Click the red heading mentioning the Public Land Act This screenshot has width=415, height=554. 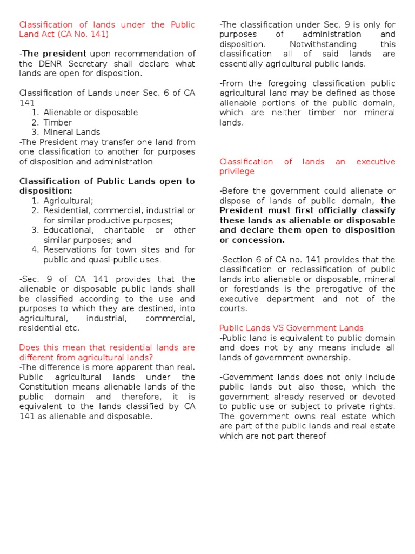(x=107, y=29)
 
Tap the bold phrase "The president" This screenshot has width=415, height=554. (x=54, y=54)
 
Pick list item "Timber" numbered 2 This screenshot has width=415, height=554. (x=57, y=122)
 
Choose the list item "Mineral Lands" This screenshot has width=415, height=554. (x=71, y=132)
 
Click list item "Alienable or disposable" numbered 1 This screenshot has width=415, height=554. (x=90, y=113)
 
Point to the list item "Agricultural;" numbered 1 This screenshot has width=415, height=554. (x=68, y=200)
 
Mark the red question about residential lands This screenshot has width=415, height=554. (x=107, y=352)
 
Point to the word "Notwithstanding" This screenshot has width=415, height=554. (x=323, y=44)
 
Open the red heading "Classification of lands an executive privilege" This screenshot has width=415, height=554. (x=307, y=166)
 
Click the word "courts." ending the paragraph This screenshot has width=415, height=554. (x=233, y=308)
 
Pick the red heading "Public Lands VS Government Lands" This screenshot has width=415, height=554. (x=291, y=328)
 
